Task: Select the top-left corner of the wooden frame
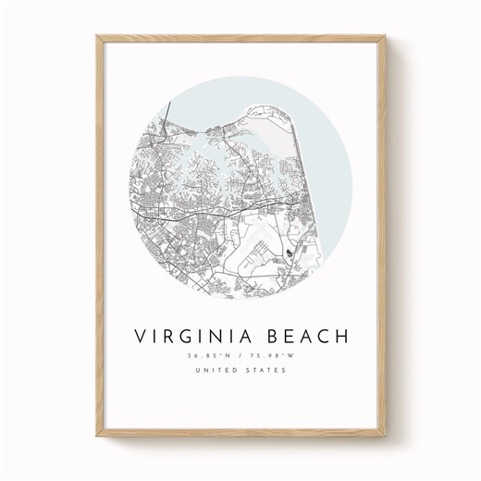tap(99, 38)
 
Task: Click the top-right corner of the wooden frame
tap(384, 38)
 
